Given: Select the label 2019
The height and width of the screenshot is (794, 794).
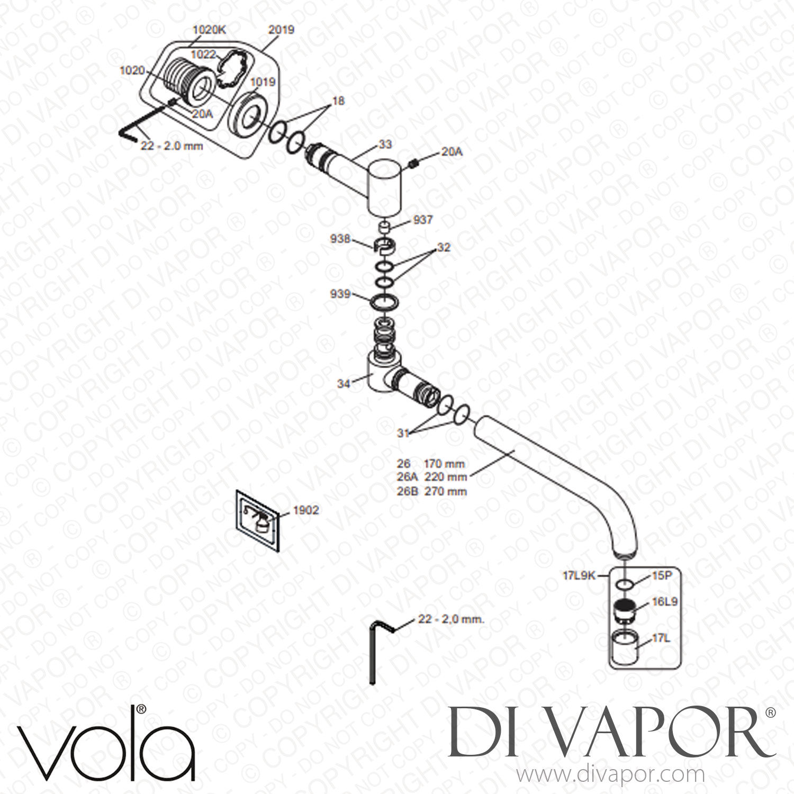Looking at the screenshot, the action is [x=281, y=30].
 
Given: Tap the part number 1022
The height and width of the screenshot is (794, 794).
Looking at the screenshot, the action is [x=203, y=54].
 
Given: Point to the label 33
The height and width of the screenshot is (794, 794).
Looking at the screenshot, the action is [x=385, y=145].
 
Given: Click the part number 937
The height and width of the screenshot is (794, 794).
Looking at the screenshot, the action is [x=424, y=220].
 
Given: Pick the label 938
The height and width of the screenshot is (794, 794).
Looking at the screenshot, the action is [x=339, y=240].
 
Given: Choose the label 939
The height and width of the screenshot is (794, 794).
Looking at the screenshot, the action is [x=340, y=294].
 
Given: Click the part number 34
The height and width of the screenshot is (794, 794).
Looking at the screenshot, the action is [x=344, y=384].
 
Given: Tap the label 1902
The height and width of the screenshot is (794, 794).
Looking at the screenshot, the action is [x=306, y=510].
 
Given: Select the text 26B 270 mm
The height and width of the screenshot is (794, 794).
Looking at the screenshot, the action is [x=432, y=491].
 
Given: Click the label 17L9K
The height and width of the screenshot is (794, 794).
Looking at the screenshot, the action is [x=579, y=576].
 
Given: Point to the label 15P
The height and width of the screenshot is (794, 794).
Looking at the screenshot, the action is [x=661, y=576].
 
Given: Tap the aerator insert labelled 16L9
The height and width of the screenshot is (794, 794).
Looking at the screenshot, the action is [x=626, y=612].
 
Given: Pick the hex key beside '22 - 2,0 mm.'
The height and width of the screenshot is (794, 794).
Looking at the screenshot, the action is [x=374, y=653].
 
